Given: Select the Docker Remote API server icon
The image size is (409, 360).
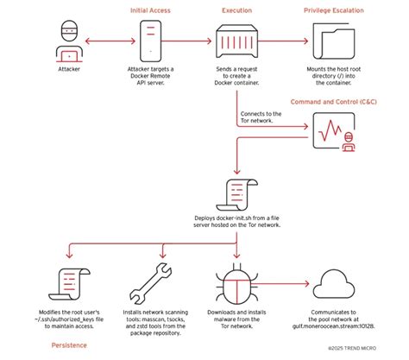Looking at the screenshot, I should coord(152,40).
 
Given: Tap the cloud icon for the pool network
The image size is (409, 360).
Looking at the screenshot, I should coord(336,285).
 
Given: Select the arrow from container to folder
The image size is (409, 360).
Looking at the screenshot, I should coord(286,40).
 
